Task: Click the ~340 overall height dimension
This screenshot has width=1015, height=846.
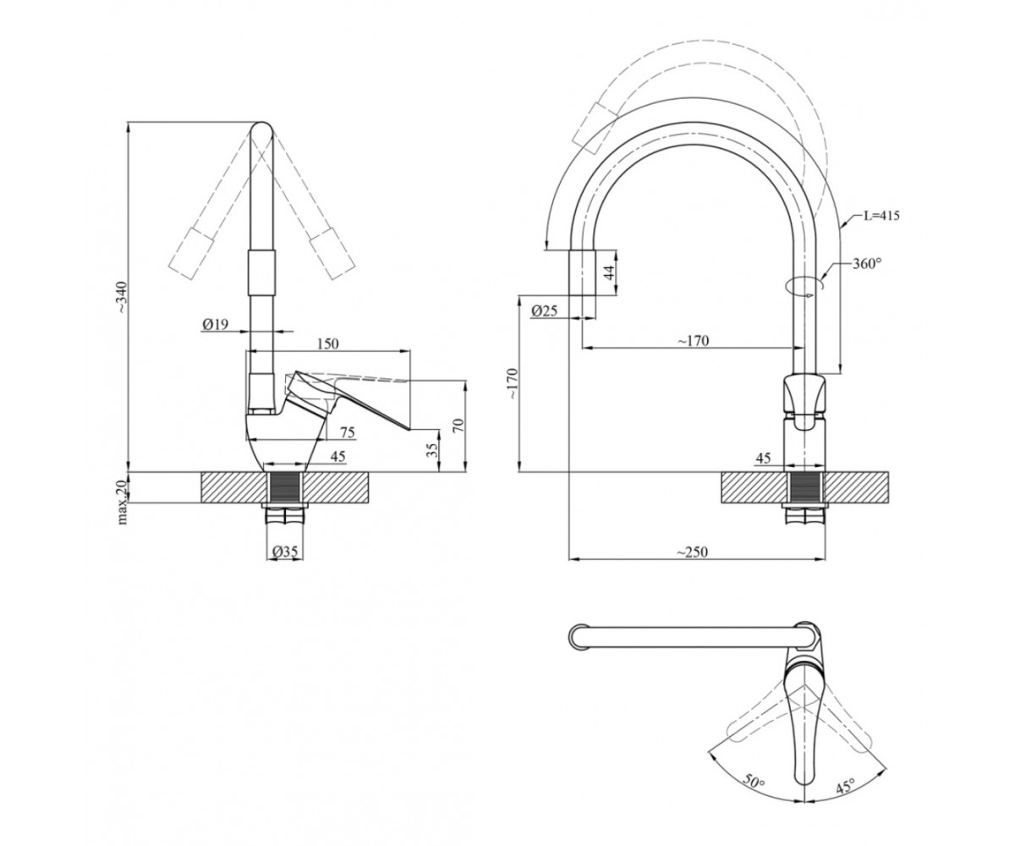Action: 122,297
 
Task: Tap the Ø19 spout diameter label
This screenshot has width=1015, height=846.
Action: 216,324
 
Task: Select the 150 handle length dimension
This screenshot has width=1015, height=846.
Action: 327,343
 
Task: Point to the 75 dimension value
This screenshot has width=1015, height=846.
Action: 347,431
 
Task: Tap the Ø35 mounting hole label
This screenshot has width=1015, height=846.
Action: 285,551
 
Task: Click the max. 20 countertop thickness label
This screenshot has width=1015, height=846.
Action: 122,502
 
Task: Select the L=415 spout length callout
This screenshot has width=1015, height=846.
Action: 881,216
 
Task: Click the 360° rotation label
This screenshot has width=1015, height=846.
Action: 867,263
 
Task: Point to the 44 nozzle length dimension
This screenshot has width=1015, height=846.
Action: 610,272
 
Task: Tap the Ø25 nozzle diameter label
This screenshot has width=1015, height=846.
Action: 545,310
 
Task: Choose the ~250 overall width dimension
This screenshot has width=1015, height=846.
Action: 692,552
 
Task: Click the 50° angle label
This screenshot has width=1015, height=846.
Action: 754,798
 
